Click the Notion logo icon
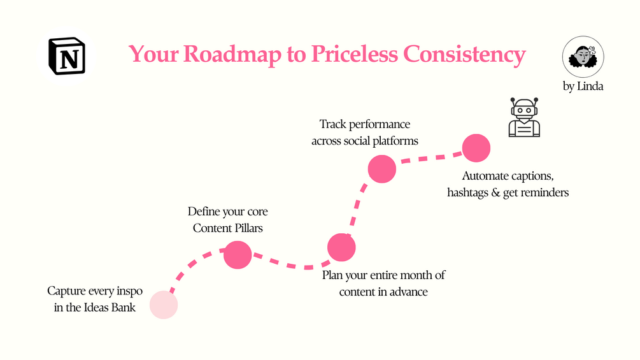[66, 56]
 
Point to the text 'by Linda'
[583, 87]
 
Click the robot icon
[524, 118]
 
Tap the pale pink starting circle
[164, 305]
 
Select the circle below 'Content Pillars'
[238, 255]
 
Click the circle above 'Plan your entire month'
[341, 247]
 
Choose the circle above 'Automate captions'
[476, 148]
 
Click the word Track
[332, 124]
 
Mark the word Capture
[66, 292]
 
